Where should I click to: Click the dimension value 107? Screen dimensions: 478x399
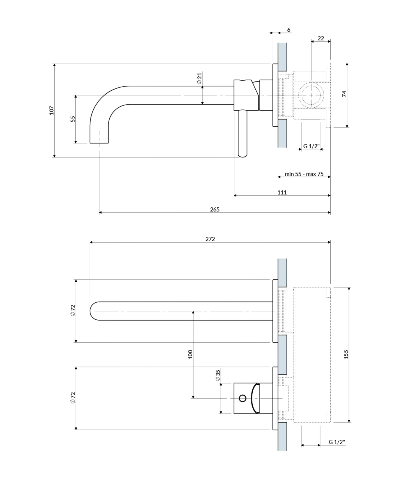point(52,110)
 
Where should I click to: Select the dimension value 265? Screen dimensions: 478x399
point(214,209)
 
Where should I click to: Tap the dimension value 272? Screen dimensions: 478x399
point(210,239)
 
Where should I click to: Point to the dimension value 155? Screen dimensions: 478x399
point(346,354)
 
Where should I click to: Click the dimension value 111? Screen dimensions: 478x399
point(282,192)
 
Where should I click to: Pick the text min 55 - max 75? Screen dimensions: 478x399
point(304,174)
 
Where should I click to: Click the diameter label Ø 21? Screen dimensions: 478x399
point(199,78)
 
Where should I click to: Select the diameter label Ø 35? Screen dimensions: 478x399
point(217,375)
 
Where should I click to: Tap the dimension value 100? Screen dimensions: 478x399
point(190,354)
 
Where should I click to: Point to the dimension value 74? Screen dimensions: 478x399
point(344,94)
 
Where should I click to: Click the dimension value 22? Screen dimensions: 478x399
point(321,38)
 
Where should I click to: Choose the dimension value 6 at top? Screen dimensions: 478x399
point(288,30)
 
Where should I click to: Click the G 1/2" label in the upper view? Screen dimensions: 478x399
point(311,146)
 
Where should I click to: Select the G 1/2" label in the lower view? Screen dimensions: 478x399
point(337,442)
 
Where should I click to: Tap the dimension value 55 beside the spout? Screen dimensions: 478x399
point(73,119)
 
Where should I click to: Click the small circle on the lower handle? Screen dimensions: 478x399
point(243,398)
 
